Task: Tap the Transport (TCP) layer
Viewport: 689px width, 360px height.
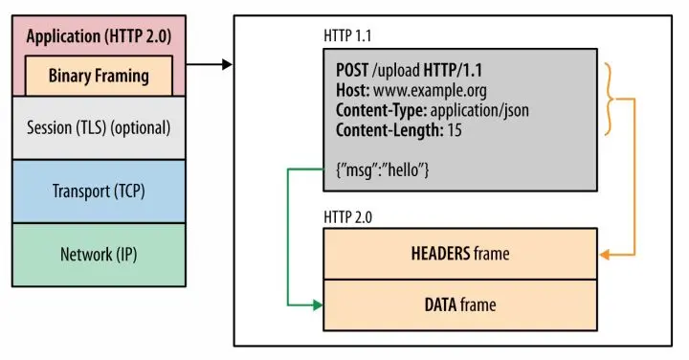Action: click(x=100, y=191)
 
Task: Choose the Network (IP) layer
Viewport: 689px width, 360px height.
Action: click(x=100, y=254)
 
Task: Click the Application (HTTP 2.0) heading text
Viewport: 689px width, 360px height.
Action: click(x=100, y=37)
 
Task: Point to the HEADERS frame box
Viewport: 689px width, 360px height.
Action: click(x=461, y=254)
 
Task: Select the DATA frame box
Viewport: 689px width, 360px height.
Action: click(x=461, y=304)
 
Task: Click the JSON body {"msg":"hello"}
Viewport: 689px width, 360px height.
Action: click(x=382, y=169)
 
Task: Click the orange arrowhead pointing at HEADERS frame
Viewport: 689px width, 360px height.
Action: click(x=604, y=255)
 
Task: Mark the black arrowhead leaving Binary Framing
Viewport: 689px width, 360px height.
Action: click(x=227, y=65)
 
